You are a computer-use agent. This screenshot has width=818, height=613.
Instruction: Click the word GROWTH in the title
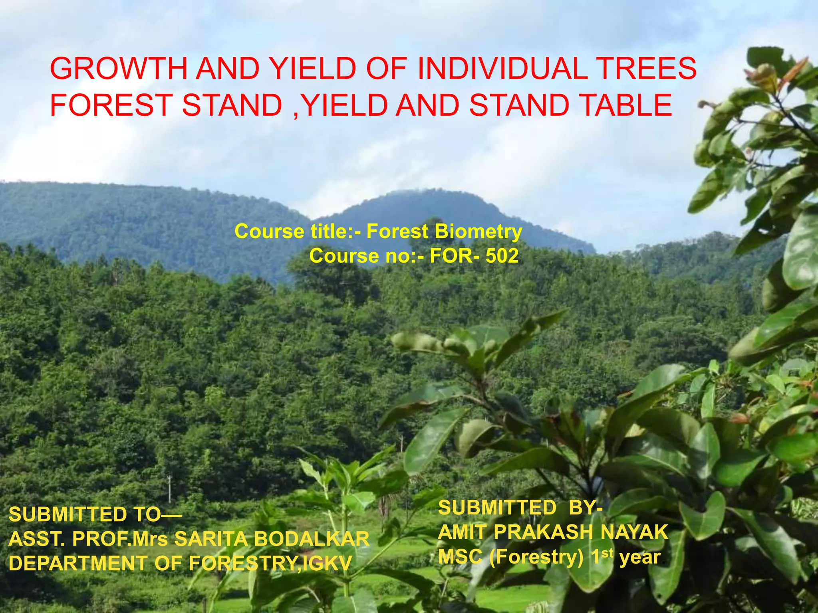click(x=119, y=69)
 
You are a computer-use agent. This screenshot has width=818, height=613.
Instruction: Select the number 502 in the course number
click(x=502, y=256)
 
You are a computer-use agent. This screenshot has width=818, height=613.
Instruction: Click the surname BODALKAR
click(x=312, y=539)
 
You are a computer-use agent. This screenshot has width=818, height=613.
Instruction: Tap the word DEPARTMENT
click(x=78, y=564)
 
